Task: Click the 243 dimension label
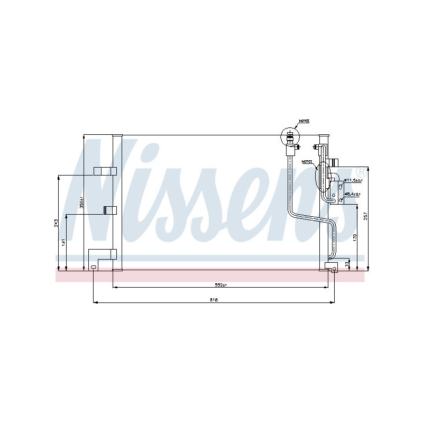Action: point(56,223)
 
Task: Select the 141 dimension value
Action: point(62,243)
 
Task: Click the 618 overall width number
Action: point(214,300)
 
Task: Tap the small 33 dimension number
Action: point(347,263)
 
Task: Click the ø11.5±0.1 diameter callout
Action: point(353,181)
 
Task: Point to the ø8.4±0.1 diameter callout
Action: point(353,194)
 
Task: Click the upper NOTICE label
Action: point(304,121)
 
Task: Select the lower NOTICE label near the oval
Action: point(306,161)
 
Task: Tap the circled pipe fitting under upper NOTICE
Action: point(289,137)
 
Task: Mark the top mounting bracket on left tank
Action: point(105,171)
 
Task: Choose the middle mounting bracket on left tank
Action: point(109,210)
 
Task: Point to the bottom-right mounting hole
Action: point(334,269)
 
